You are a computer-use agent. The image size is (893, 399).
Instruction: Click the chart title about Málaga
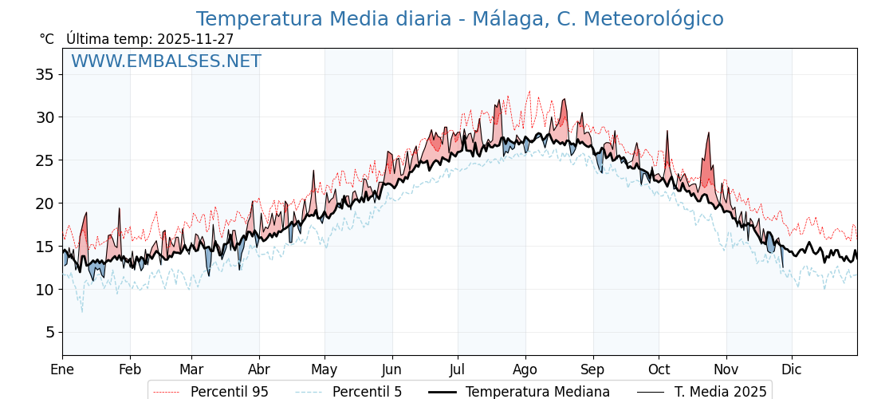(459, 19)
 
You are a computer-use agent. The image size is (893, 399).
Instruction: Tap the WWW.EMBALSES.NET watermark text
(166, 61)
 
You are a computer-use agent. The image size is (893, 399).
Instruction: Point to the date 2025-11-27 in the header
(195, 39)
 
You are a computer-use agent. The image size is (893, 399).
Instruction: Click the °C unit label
(47, 39)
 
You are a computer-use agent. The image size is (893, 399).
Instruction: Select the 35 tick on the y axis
(45, 74)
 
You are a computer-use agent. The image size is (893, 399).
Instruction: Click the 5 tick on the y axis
(49, 332)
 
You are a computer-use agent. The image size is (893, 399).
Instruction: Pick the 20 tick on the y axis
(45, 203)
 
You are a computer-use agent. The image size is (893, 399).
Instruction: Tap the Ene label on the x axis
(62, 369)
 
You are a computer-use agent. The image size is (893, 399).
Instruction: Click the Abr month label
(259, 369)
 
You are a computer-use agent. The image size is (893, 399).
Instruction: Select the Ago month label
(525, 369)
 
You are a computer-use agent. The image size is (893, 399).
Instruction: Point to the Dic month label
(792, 369)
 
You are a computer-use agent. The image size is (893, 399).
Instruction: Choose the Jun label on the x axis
(391, 369)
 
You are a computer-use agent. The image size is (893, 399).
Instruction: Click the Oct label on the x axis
(659, 369)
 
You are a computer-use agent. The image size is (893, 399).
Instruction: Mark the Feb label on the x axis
(130, 369)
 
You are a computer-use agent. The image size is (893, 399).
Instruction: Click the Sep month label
(592, 369)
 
